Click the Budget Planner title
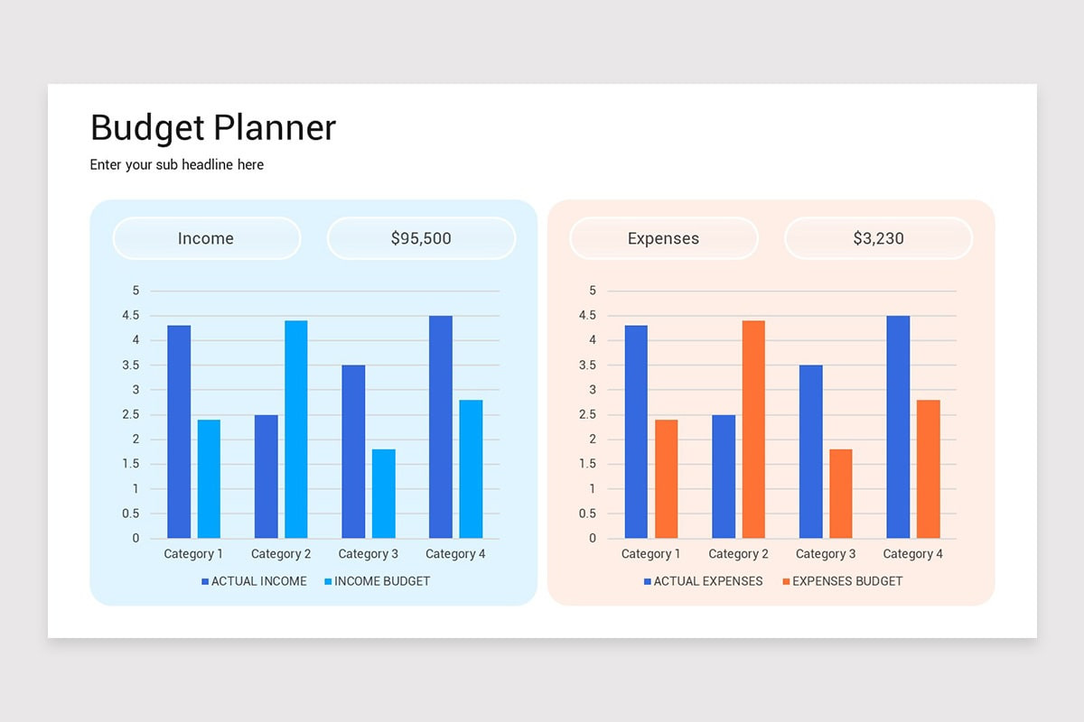[213, 128]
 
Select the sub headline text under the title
[177, 165]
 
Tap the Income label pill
[206, 238]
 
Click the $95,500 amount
[421, 238]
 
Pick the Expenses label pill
[663, 238]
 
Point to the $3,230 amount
[878, 238]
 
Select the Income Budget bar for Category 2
[296, 430]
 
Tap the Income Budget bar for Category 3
[384, 494]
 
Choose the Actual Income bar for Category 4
[441, 427]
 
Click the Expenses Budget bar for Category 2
[753, 430]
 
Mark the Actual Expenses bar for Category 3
[811, 451]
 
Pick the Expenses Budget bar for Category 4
[929, 469]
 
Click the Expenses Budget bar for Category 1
[666, 479]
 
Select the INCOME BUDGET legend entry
[377, 581]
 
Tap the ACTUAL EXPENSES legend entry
[703, 581]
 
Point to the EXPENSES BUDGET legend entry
[842, 581]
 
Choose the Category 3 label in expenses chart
[826, 554]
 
